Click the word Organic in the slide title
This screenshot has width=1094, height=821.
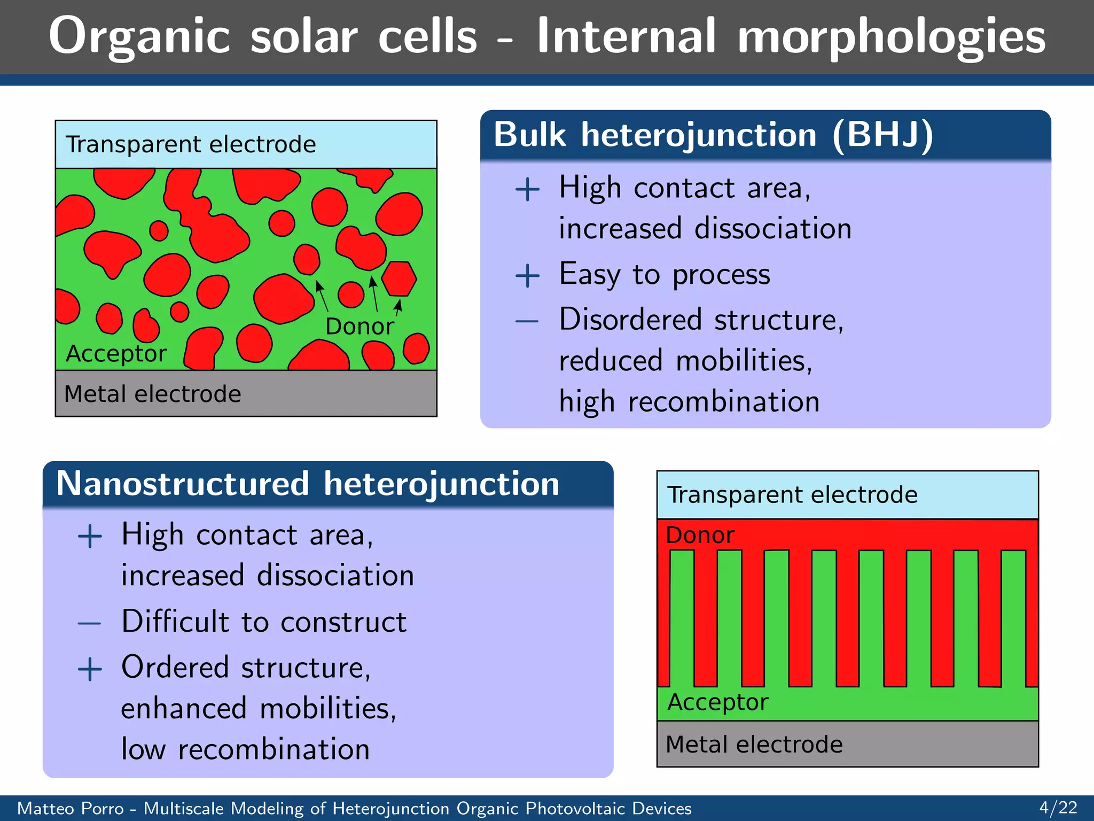click(x=139, y=36)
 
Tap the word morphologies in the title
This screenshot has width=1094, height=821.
click(x=891, y=36)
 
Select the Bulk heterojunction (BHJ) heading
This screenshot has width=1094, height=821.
click(x=713, y=134)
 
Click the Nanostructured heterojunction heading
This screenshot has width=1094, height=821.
click(x=308, y=483)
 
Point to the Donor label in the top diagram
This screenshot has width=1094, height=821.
click(x=360, y=326)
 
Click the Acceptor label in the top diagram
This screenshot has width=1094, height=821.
click(x=116, y=353)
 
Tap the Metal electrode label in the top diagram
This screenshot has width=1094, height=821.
click(x=152, y=394)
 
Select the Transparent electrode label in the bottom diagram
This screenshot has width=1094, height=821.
click(x=792, y=494)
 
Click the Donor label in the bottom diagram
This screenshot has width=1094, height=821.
click(x=700, y=535)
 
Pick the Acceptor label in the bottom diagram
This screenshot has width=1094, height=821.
click(x=717, y=702)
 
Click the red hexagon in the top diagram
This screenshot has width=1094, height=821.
click(x=399, y=278)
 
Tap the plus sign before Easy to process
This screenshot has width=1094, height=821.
click(x=527, y=276)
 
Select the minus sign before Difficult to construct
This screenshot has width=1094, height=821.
click(x=89, y=623)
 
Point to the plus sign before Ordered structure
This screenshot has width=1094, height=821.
click(x=90, y=669)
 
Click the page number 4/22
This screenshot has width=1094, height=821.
click(x=1058, y=807)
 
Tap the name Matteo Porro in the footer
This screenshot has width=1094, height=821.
click(x=71, y=808)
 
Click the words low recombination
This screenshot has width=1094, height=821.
click(x=245, y=749)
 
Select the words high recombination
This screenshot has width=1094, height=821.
click(x=689, y=401)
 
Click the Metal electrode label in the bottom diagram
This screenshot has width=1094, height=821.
click(x=754, y=744)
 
